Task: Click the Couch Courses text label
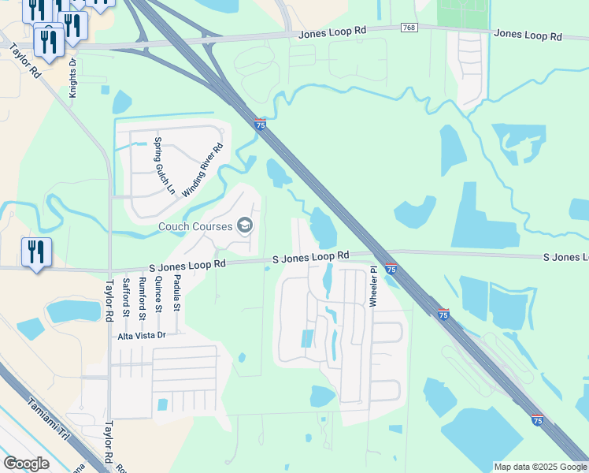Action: [196, 226]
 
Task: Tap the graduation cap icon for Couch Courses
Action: [245, 226]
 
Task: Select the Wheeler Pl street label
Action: [374, 287]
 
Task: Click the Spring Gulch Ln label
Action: [163, 166]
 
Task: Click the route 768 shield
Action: [409, 28]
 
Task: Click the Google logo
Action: [26, 464]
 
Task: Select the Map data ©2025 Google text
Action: [539, 467]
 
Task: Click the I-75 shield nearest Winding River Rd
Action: [260, 124]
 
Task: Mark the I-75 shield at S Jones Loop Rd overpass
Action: [391, 268]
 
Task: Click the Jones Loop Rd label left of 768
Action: [332, 32]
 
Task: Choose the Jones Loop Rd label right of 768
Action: [528, 35]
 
